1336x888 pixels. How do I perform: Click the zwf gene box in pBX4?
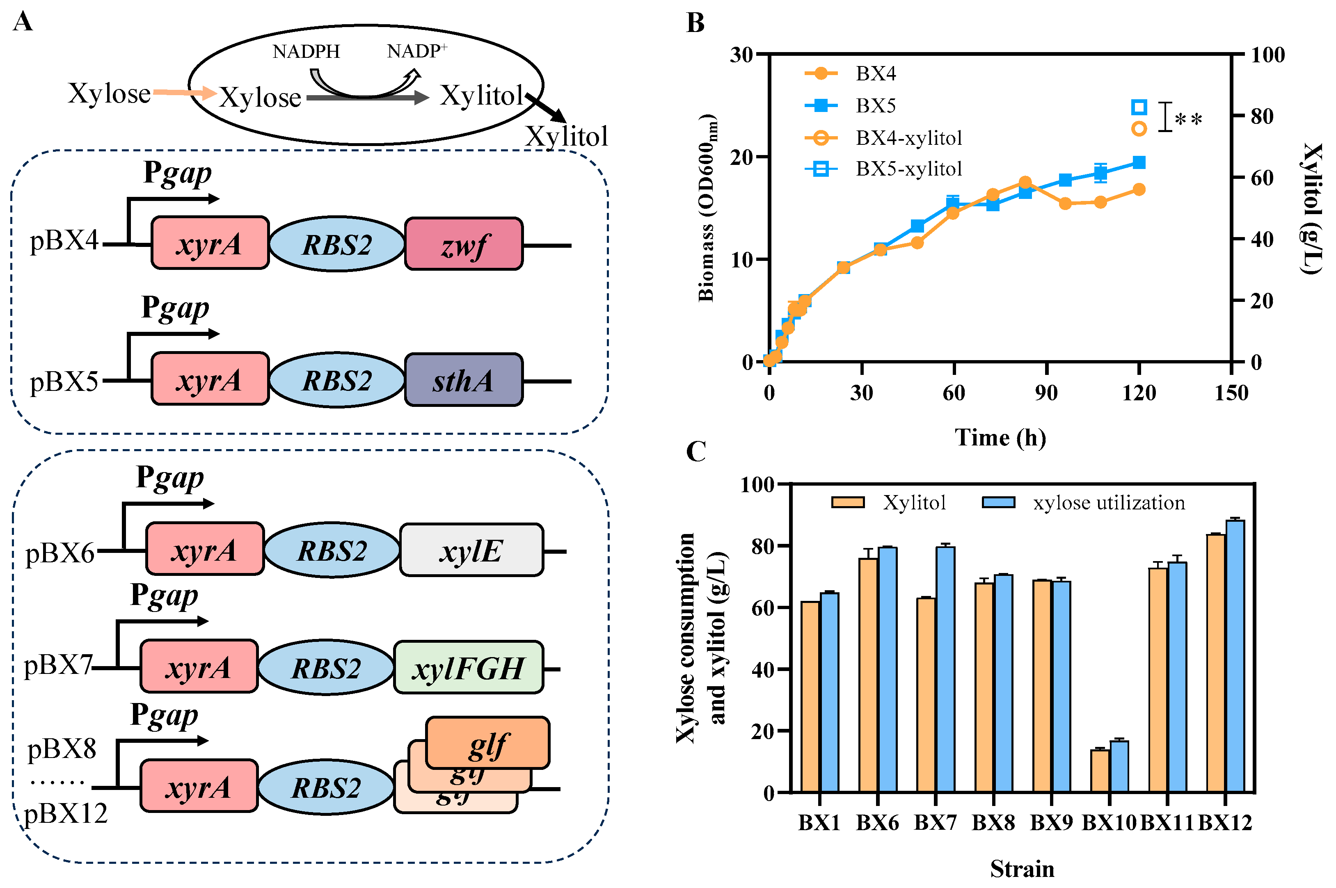pos(464,244)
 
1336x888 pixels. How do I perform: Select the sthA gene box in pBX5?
pos(464,380)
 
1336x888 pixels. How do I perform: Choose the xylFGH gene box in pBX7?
pos(468,668)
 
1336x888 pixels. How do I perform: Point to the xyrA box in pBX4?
pos(210,244)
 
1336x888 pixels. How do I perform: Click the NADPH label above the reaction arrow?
pos(306,52)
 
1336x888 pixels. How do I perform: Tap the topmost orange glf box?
pos(487,742)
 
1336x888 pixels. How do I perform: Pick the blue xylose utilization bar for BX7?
pos(945,668)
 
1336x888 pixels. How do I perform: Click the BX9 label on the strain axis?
pos(1051,822)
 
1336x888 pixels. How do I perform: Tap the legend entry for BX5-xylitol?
pos(908,169)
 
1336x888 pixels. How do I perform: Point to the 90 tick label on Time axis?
pos(1046,393)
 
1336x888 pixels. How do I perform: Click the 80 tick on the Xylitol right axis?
pos(1262,116)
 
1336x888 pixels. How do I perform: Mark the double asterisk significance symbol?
pos(1188,119)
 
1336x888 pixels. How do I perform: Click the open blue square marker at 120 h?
pos(1139,107)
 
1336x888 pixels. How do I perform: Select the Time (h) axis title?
pos(1000,437)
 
